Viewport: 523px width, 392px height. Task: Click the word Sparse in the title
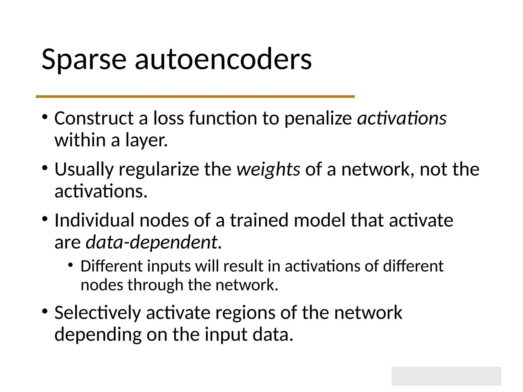click(x=84, y=60)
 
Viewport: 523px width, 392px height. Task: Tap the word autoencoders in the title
click(x=223, y=60)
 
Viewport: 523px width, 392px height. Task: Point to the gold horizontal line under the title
click(x=195, y=96)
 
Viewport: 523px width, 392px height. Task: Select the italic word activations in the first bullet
click(x=402, y=118)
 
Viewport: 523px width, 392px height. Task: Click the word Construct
click(x=94, y=118)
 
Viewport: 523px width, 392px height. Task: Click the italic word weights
click(x=268, y=169)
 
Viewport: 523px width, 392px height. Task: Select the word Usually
click(x=84, y=169)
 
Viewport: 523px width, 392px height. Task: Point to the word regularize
click(x=159, y=169)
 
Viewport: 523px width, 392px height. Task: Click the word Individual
click(x=94, y=220)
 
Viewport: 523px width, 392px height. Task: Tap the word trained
click(x=259, y=220)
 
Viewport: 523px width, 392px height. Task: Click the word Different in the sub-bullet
click(x=111, y=266)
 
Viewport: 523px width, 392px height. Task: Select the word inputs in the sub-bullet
click(x=169, y=266)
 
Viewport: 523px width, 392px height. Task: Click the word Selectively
click(x=98, y=313)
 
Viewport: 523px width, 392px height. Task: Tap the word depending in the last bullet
click(x=98, y=335)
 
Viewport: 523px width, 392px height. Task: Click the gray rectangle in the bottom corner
click(x=446, y=376)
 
